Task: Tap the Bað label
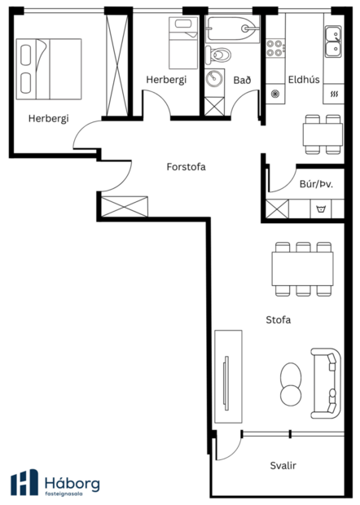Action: pyautogui.click(x=241, y=80)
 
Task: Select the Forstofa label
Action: pyautogui.click(x=186, y=167)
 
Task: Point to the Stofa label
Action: pyautogui.click(x=279, y=320)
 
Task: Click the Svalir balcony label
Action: pyautogui.click(x=283, y=466)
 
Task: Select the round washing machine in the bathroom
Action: pyautogui.click(x=216, y=81)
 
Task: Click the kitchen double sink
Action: pyautogui.click(x=332, y=41)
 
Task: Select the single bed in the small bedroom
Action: pyautogui.click(x=179, y=43)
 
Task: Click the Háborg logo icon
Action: pyautogui.click(x=24, y=482)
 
